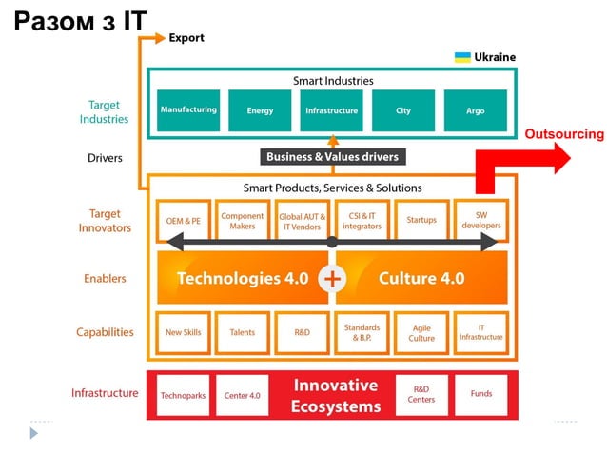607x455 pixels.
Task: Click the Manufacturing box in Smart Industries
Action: point(189,110)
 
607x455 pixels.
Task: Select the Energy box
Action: point(260,110)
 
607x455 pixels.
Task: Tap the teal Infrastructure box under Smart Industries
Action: point(331,110)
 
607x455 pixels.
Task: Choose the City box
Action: point(403,110)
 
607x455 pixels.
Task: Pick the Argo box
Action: point(475,110)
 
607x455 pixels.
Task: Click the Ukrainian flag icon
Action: point(462,57)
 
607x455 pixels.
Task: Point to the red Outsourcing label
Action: point(563,134)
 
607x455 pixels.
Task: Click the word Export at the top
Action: point(186,38)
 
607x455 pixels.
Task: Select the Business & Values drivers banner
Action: point(332,157)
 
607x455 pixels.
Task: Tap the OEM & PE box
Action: point(183,221)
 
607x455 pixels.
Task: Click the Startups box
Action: point(421,221)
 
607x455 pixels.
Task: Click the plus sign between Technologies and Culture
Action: point(332,279)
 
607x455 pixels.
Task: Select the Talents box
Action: point(242,333)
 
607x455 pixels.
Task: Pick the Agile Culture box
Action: point(421,333)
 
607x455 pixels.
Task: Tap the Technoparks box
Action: point(183,394)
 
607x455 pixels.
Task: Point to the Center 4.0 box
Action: point(242,394)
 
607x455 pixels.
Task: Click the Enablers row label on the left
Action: point(104,279)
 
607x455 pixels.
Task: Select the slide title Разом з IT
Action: point(81,21)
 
